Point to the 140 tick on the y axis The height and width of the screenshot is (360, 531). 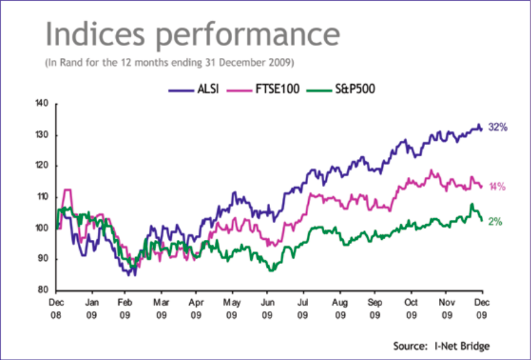click(x=44, y=104)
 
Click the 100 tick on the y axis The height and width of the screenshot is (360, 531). click(x=44, y=228)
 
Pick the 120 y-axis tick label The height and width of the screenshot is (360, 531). click(x=44, y=166)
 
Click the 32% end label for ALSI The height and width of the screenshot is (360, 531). click(x=498, y=127)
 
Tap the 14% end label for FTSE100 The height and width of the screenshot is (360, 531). click(x=497, y=186)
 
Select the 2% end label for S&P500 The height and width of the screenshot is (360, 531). click(x=495, y=221)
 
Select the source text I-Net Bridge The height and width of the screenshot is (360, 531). click(x=468, y=345)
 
